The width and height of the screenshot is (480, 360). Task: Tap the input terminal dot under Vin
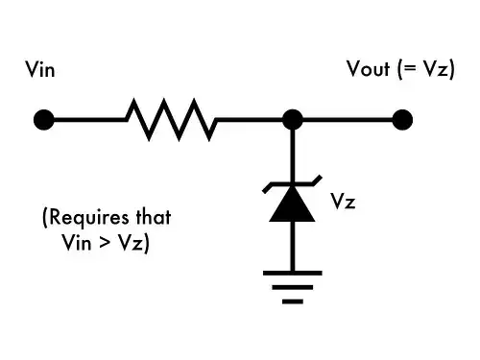(x=42, y=120)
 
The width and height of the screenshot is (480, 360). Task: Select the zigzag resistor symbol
(x=171, y=119)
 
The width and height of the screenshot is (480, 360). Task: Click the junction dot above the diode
(x=293, y=120)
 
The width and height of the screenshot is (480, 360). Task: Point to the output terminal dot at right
(x=402, y=120)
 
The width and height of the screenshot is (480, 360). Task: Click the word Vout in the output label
(x=369, y=70)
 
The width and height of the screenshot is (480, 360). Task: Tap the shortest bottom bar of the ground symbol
(x=293, y=300)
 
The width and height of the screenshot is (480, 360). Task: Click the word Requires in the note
(x=82, y=218)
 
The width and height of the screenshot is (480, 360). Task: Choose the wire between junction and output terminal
(x=348, y=120)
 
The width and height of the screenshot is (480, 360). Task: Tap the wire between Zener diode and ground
(x=293, y=247)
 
